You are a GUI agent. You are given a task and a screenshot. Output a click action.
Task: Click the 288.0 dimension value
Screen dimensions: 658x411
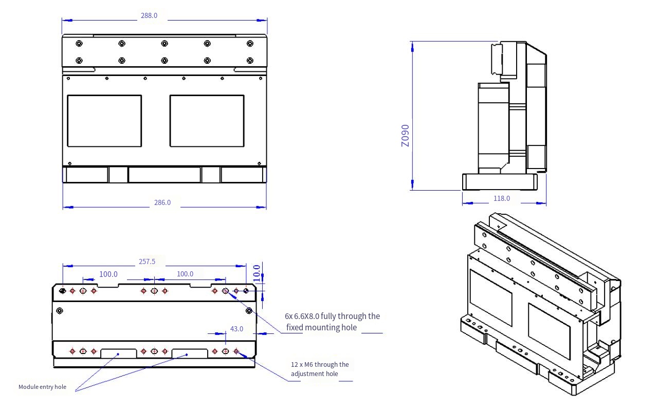click(149, 15)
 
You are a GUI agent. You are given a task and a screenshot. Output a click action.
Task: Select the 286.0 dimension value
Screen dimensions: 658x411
click(162, 202)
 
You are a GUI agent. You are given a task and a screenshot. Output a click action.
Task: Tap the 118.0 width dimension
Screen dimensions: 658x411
click(502, 198)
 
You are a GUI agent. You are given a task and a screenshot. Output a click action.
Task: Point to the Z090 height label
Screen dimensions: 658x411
click(406, 136)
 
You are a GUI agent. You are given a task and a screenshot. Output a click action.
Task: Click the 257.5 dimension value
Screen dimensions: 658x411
click(147, 261)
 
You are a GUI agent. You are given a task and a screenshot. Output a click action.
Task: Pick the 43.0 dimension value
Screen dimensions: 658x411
click(237, 329)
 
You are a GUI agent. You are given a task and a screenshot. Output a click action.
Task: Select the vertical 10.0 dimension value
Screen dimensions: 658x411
click(257, 273)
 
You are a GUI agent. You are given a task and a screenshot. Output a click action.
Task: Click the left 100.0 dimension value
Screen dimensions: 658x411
click(108, 274)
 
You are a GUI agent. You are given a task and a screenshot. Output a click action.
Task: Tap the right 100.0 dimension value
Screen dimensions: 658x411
click(185, 274)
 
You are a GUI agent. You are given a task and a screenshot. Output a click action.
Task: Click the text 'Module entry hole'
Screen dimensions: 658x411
click(42, 387)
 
